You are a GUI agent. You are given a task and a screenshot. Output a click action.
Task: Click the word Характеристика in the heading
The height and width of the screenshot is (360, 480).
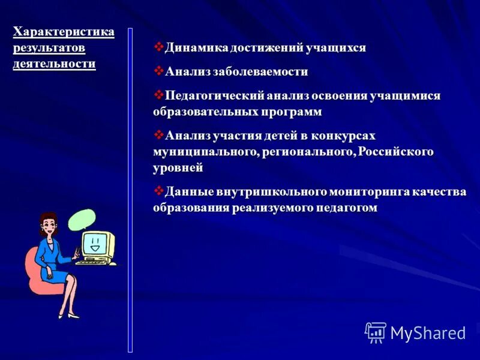[64, 32]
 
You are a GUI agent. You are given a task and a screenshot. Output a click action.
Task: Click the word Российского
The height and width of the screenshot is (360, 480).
[396, 152]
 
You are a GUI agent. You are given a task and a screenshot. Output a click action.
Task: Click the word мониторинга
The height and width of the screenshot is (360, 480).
[368, 192]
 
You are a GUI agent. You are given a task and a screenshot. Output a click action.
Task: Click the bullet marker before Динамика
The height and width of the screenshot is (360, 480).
[158, 47]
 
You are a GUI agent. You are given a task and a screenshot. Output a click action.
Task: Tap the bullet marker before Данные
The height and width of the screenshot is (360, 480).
[158, 191]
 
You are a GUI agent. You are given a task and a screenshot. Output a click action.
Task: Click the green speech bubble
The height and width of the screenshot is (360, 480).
[81, 220]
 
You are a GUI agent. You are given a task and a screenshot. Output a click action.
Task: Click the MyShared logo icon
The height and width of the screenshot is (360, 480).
[375, 332]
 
